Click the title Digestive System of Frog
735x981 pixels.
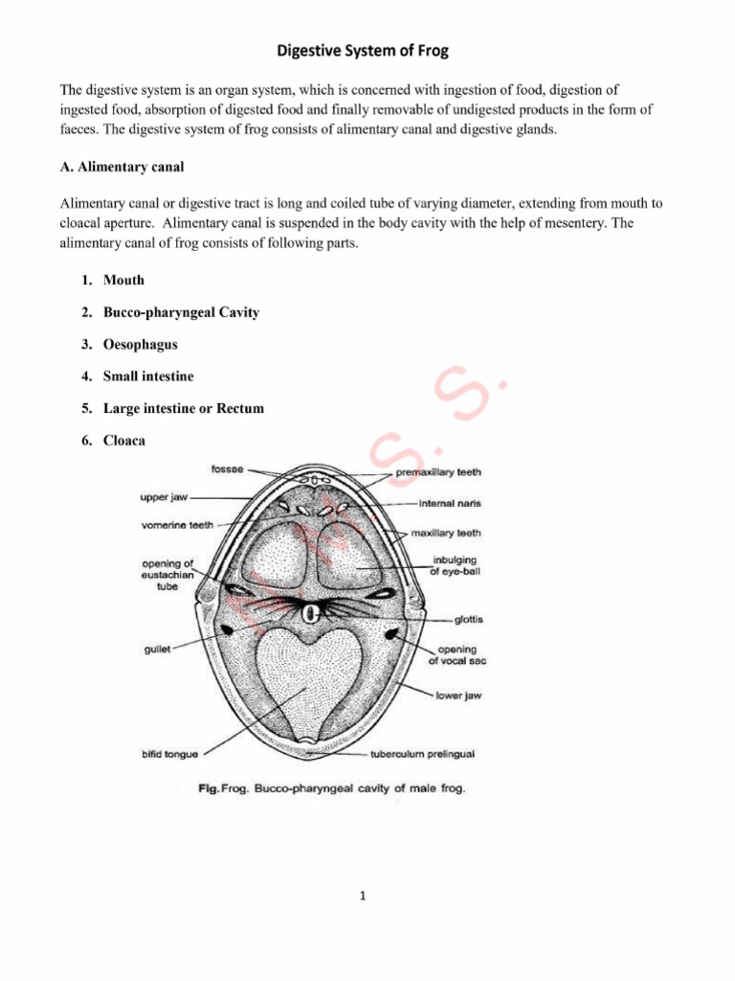click(x=367, y=50)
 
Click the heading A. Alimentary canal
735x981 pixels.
click(x=122, y=167)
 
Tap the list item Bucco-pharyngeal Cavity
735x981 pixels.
click(x=181, y=312)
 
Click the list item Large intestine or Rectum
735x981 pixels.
click(x=184, y=408)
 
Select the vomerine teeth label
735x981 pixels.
click(x=179, y=525)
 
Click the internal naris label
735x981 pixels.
click(x=450, y=502)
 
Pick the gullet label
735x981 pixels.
click(x=156, y=649)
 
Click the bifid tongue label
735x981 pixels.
click(x=169, y=754)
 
